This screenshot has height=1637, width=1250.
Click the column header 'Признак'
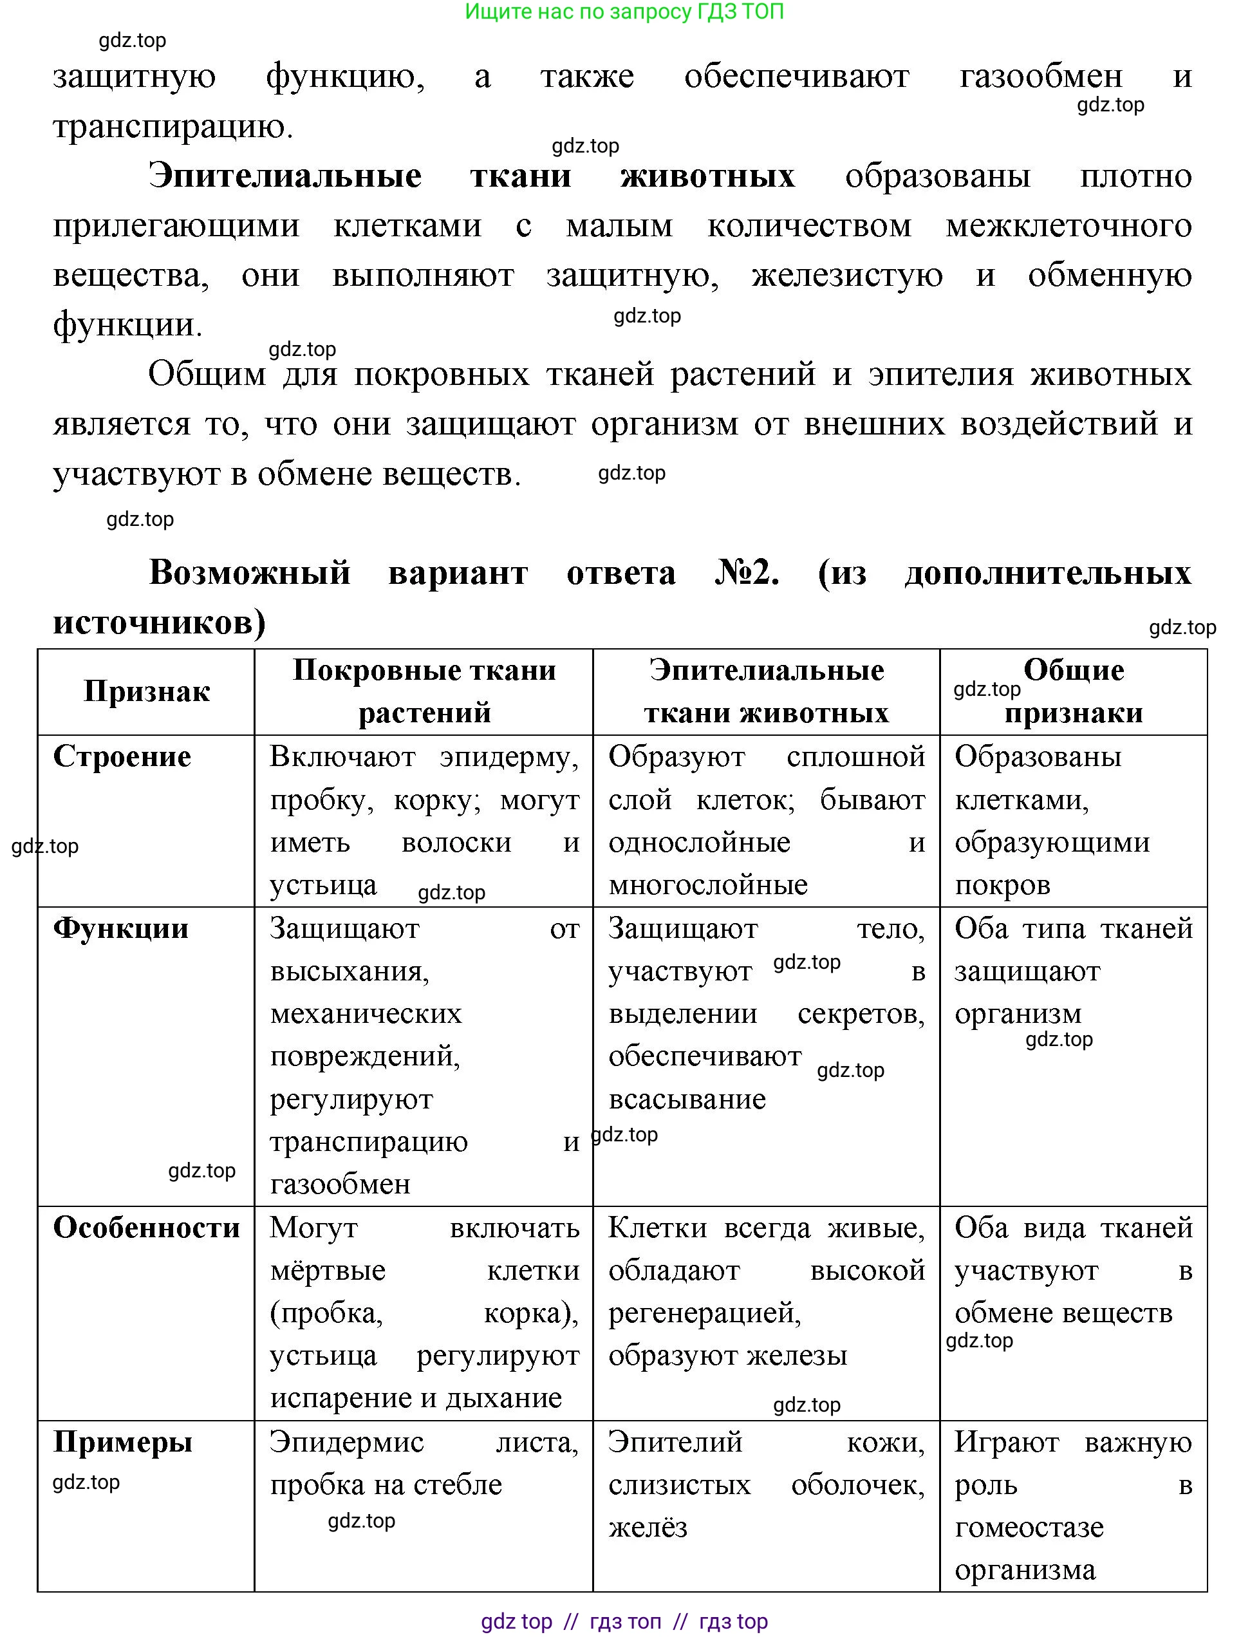(x=147, y=692)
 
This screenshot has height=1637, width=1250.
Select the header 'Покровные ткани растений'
(x=424, y=691)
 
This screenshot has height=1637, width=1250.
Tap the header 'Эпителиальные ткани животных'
(x=767, y=691)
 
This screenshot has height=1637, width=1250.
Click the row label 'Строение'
(x=122, y=757)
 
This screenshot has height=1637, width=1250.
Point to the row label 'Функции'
(x=120, y=929)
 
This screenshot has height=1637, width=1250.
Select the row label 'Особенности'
(x=147, y=1228)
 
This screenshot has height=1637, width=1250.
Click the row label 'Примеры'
(x=123, y=1443)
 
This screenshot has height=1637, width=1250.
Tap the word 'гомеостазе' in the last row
(x=1029, y=1528)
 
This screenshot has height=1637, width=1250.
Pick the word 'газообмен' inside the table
(x=340, y=1184)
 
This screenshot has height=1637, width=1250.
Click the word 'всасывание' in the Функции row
(x=687, y=1099)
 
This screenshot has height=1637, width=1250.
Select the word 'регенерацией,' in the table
(x=705, y=1313)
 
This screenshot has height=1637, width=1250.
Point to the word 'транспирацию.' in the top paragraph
(x=173, y=127)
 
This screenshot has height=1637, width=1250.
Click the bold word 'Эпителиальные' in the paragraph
(x=285, y=176)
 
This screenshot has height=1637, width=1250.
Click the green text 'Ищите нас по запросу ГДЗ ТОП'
(x=624, y=11)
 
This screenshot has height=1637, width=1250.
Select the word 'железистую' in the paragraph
(x=846, y=276)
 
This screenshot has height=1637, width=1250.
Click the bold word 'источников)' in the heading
(x=159, y=622)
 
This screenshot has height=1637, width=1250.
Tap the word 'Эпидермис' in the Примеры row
(x=347, y=1443)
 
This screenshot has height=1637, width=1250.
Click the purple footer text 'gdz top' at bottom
(x=516, y=1622)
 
